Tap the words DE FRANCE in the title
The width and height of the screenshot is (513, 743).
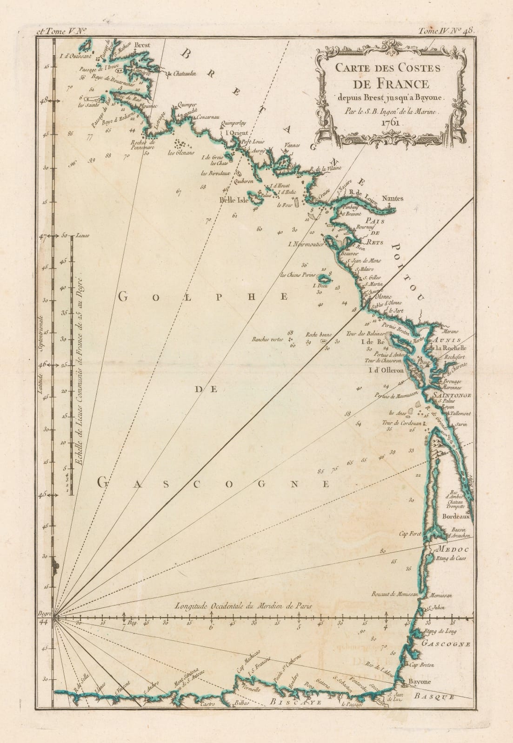click(x=390, y=84)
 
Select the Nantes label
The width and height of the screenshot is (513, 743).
click(x=393, y=198)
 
